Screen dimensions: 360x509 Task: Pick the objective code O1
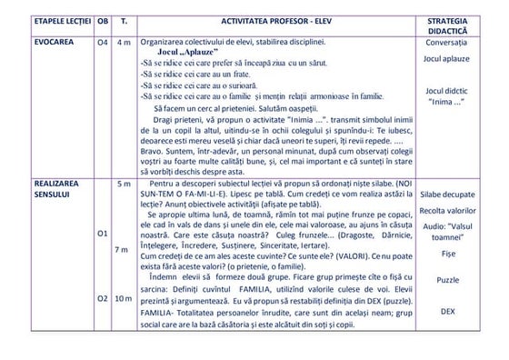tap(103, 234)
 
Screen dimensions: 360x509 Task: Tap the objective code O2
tap(103, 298)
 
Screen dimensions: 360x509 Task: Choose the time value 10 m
tap(124, 298)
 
